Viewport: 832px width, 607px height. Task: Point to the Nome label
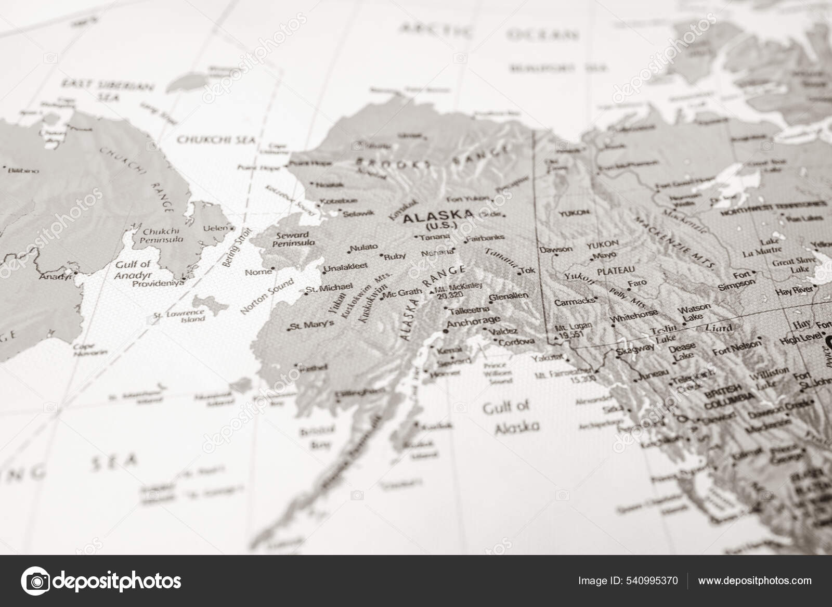258,272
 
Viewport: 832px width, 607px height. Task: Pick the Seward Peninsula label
293,238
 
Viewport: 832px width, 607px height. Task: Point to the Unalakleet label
345,266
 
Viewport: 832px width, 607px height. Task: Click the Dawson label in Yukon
555,249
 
